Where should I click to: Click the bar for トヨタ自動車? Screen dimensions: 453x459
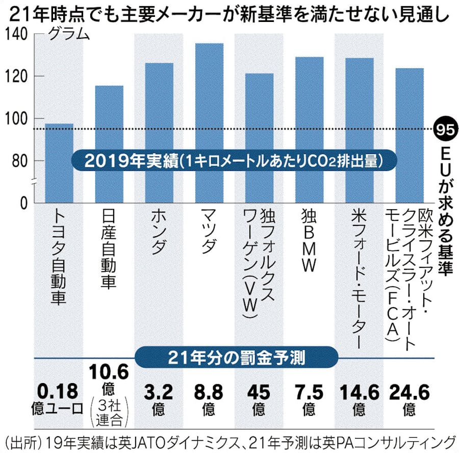click(x=59, y=163)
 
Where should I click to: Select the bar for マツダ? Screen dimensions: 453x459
click(x=209, y=122)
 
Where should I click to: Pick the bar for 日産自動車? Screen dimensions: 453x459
click(x=109, y=143)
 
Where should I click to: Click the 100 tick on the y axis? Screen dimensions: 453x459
click(x=19, y=119)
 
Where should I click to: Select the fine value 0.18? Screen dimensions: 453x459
click(x=60, y=392)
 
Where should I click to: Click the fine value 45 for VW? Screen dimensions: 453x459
click(x=259, y=392)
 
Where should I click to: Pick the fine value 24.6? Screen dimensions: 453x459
click(x=409, y=392)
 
